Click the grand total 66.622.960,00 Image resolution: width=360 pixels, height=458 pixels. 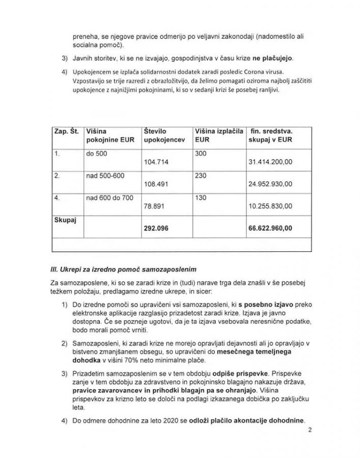pos(270,228)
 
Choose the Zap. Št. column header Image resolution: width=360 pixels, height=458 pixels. pos(67,131)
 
